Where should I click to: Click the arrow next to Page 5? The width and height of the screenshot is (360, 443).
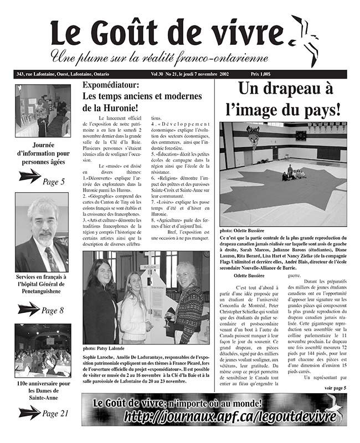[x=29, y=176]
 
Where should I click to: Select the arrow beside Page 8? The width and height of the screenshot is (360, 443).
[x=29, y=309]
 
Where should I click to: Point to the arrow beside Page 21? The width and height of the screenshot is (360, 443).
[x=29, y=412]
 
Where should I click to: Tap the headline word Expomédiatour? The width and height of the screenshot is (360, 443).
[x=116, y=85]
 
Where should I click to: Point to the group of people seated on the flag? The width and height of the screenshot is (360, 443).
[x=292, y=174]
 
